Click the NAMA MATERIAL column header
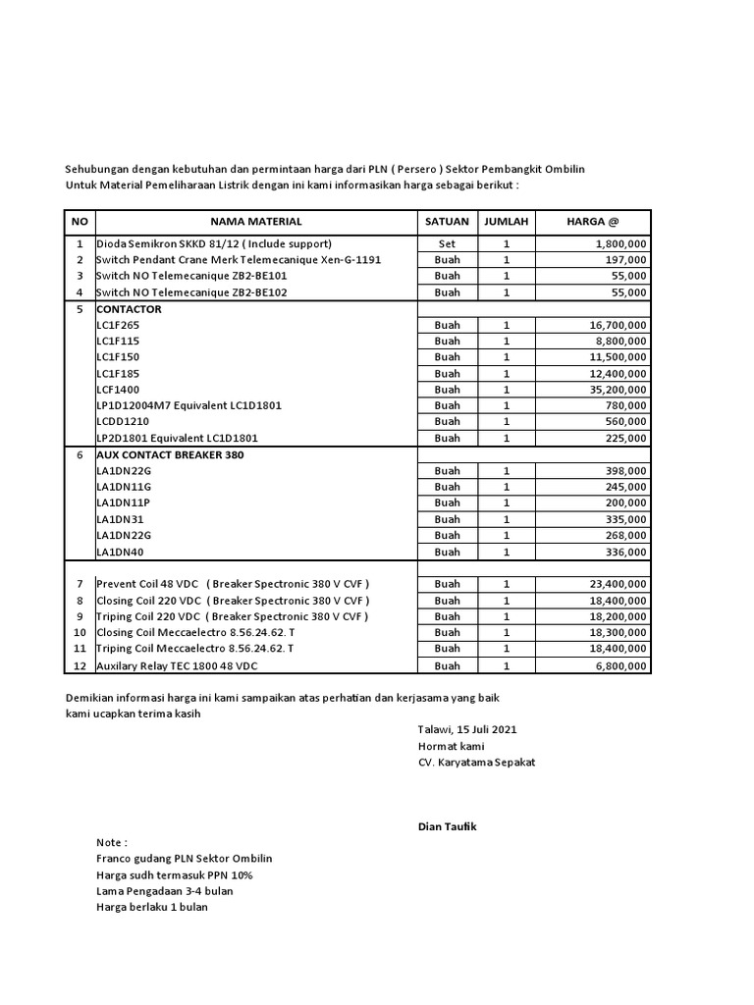click(x=255, y=222)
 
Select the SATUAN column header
click(x=447, y=222)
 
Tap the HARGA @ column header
click(x=593, y=222)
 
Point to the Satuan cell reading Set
click(x=447, y=243)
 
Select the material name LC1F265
click(x=118, y=325)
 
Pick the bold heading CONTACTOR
click(x=129, y=309)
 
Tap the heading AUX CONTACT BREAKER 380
click(x=170, y=454)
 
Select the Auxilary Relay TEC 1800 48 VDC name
click(x=177, y=665)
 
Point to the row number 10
click(x=80, y=633)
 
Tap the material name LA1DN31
click(x=120, y=519)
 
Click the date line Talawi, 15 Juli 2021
click(x=467, y=730)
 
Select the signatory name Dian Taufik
click(x=447, y=827)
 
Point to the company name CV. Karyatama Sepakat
click(x=477, y=763)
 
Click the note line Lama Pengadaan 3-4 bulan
click(x=165, y=891)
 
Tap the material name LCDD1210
click(x=122, y=422)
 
